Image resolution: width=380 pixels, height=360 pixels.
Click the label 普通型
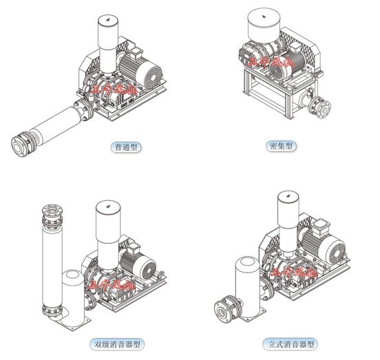tap(125, 147)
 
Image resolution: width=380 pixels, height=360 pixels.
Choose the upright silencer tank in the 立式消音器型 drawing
tap(244, 282)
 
